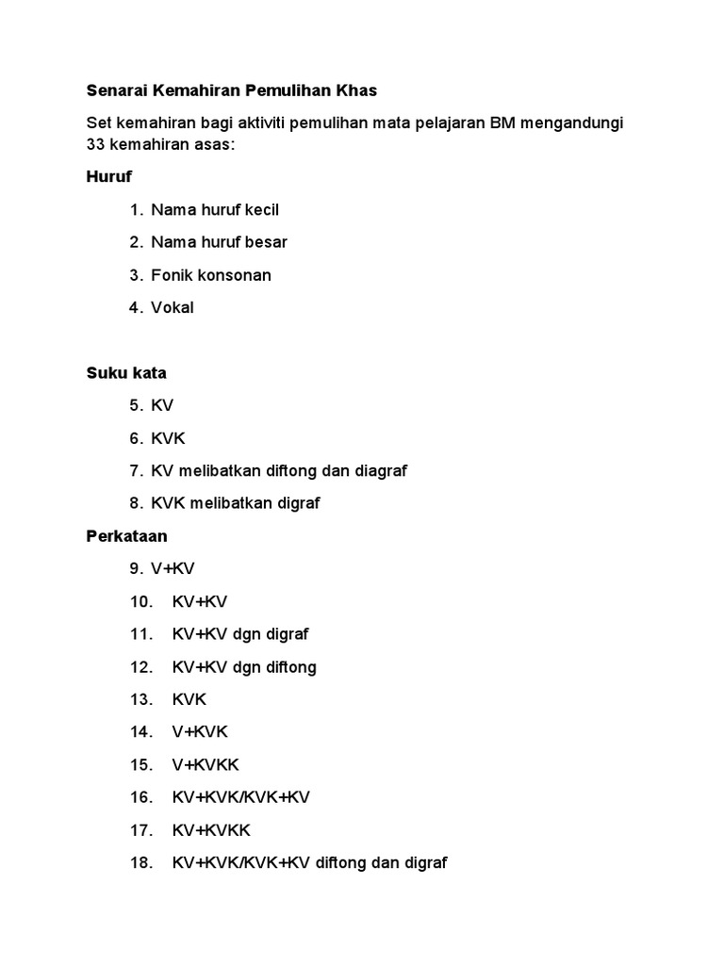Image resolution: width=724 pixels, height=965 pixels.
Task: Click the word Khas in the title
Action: click(351, 91)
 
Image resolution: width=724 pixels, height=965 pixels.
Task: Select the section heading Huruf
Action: click(109, 176)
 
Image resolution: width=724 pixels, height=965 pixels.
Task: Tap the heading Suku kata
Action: click(126, 373)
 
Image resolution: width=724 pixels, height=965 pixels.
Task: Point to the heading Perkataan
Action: click(127, 536)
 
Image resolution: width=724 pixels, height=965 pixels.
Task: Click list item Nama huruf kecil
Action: click(215, 209)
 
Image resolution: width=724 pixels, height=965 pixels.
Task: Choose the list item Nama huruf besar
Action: click(219, 242)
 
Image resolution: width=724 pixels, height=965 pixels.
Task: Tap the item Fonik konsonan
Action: click(211, 275)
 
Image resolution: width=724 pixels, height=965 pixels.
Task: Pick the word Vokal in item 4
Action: click(173, 307)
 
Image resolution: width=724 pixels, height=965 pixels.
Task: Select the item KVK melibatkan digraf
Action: click(236, 503)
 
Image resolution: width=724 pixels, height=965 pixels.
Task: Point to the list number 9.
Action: click(137, 568)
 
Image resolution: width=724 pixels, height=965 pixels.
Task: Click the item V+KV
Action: click(173, 568)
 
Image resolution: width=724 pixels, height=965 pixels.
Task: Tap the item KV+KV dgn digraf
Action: click(240, 634)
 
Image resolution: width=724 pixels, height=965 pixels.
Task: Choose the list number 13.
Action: click(141, 699)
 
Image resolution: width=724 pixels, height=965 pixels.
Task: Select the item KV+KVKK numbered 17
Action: click(211, 830)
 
